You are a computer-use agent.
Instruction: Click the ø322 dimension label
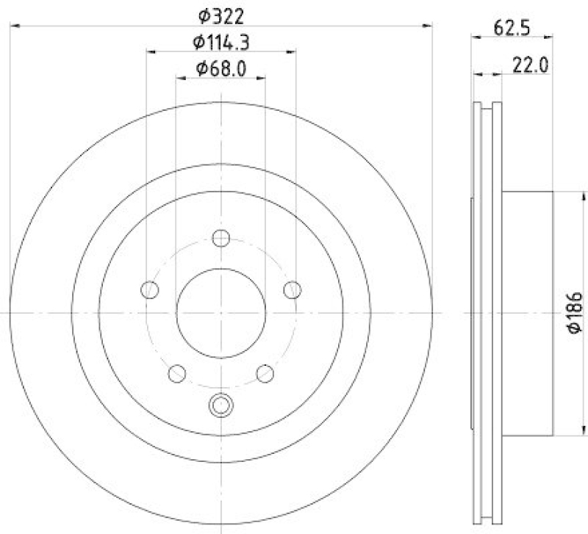(220, 14)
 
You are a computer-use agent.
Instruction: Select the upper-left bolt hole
(150, 289)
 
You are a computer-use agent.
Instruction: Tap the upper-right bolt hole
(293, 289)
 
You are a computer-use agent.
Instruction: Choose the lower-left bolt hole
(177, 373)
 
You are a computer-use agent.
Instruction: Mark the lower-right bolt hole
(265, 373)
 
